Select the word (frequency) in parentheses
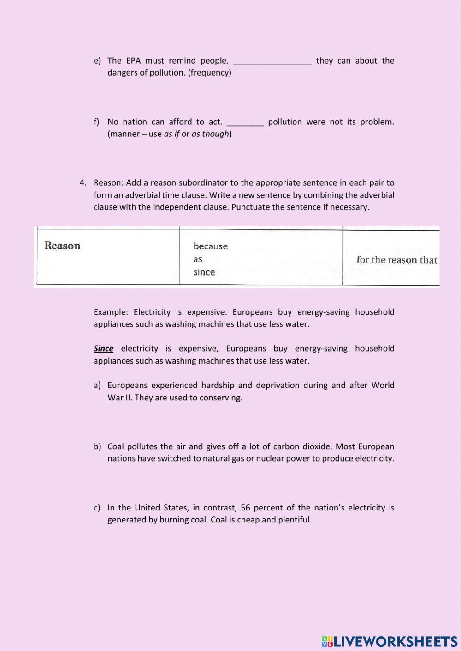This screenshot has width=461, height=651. [210, 73]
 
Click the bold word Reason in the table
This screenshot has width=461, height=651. [63, 246]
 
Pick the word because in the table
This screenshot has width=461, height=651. [211, 246]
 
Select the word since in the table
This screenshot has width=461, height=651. [204, 272]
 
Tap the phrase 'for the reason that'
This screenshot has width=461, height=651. [396, 260]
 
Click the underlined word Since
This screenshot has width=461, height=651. [103, 349]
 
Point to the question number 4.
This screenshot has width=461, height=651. [83, 183]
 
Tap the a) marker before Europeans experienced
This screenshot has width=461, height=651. [97, 386]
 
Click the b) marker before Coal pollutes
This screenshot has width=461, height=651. [97, 446]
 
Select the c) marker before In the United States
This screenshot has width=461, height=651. [97, 508]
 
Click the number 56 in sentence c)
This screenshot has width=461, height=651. [245, 508]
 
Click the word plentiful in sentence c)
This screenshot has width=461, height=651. [295, 520]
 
